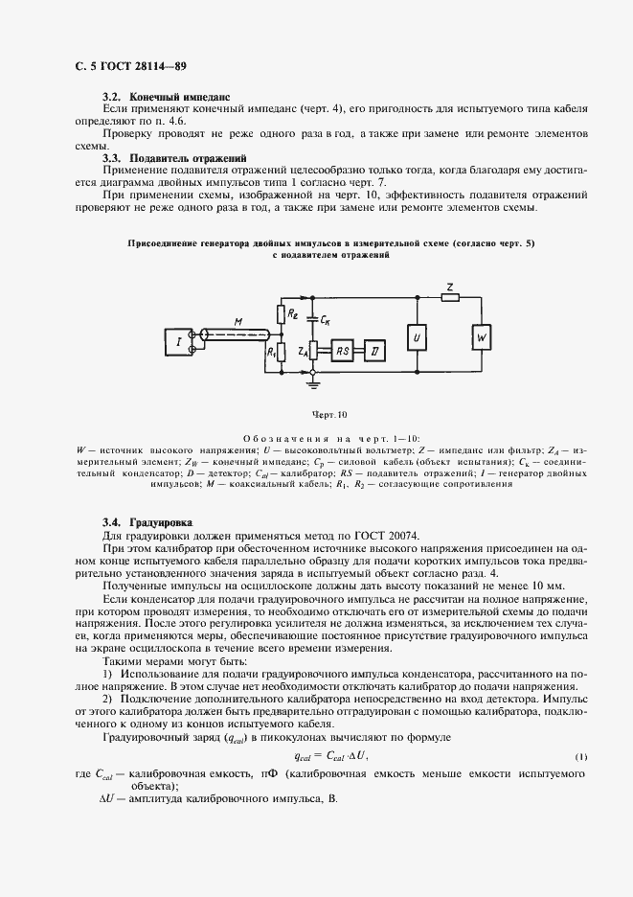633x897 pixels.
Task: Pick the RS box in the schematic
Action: (342, 352)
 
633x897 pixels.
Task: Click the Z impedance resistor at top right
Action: (449, 295)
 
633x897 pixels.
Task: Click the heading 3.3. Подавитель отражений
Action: (174, 156)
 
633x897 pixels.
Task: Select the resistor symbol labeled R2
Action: (282, 312)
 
